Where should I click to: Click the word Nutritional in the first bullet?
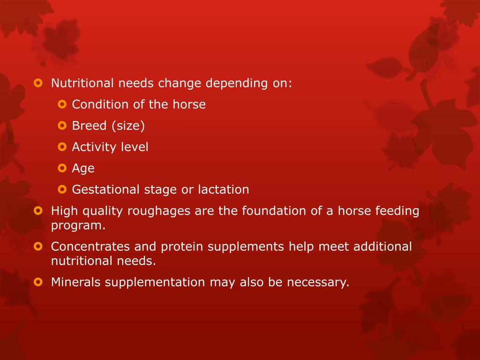pos(82,83)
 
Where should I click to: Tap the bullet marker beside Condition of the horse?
pos(62,104)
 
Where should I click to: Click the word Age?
pos(83,169)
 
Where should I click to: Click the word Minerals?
pos(75,282)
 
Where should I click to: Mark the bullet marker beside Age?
pos(62,168)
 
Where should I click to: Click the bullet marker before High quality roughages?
pos(38,211)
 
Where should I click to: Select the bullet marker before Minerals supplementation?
pos(38,282)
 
